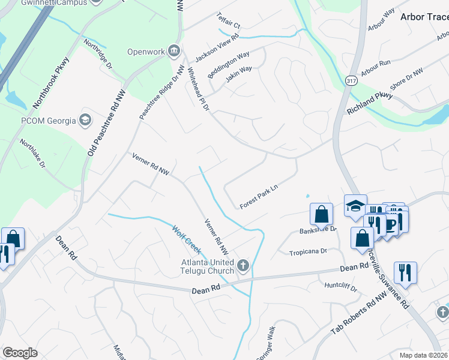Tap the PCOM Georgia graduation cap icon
pos(86,120)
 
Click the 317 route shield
pos(352,80)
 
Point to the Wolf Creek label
pos(186,238)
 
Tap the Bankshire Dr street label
pos(318,229)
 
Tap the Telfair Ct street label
pos(229,23)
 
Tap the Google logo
pos(20,353)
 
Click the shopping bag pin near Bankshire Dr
pos(322,214)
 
